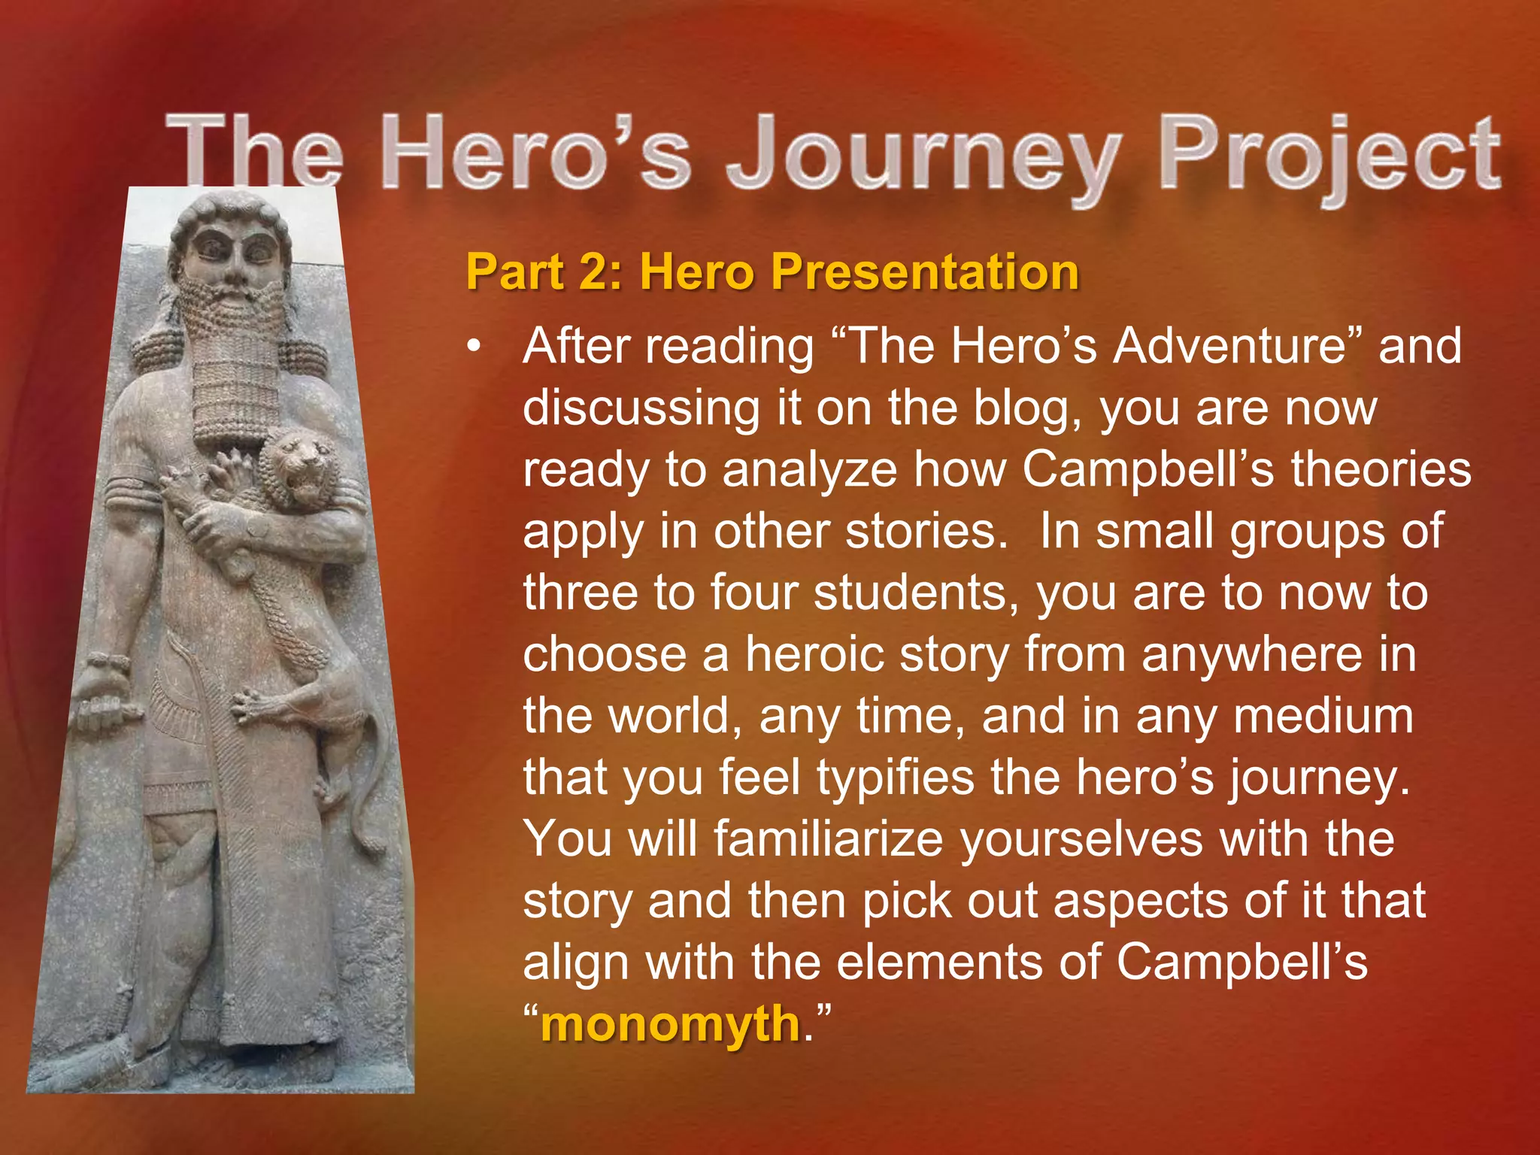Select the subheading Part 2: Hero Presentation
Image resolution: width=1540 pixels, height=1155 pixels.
pyautogui.click(x=772, y=271)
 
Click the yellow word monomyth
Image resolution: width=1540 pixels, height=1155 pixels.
pyautogui.click(x=670, y=1024)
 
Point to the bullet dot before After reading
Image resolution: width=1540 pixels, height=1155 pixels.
pyautogui.click(x=472, y=348)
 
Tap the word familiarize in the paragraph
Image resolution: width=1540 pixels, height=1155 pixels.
pyautogui.click(x=828, y=839)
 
